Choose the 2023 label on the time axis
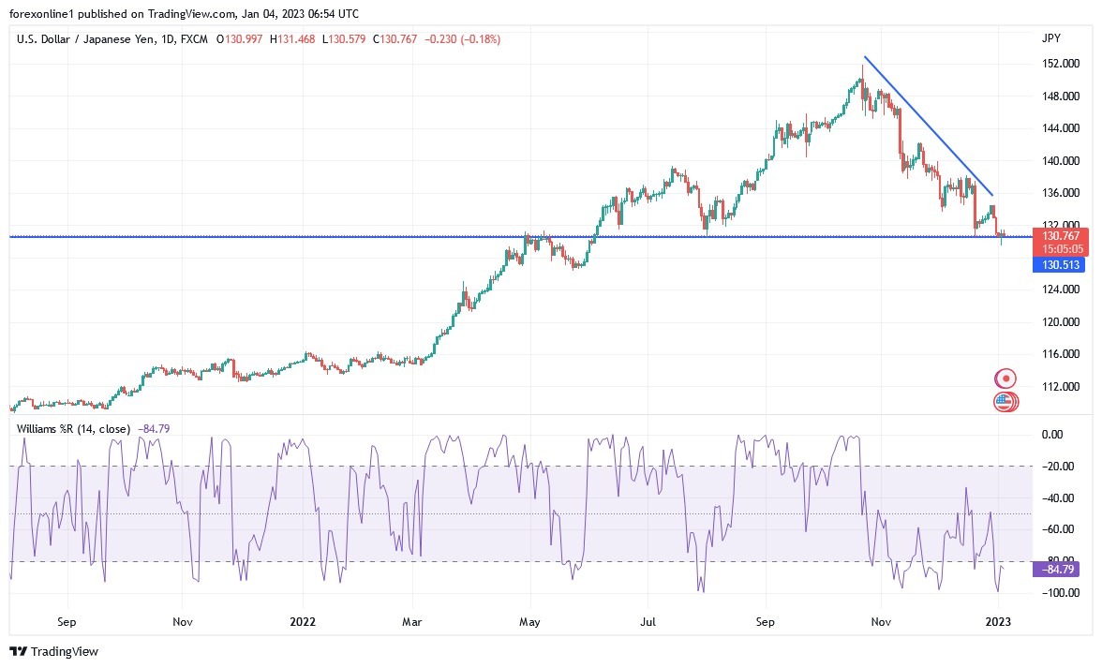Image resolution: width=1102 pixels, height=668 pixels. click(x=999, y=621)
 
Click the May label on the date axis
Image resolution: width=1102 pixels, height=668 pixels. click(x=530, y=621)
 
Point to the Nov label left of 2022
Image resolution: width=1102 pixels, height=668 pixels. click(x=183, y=621)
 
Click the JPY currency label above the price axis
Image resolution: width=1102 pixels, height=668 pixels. click(x=1050, y=38)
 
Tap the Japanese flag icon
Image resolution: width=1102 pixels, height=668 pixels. click(x=1005, y=379)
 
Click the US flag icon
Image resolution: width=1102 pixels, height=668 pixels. click(x=1005, y=402)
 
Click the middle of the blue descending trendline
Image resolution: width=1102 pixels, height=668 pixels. click(x=929, y=126)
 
